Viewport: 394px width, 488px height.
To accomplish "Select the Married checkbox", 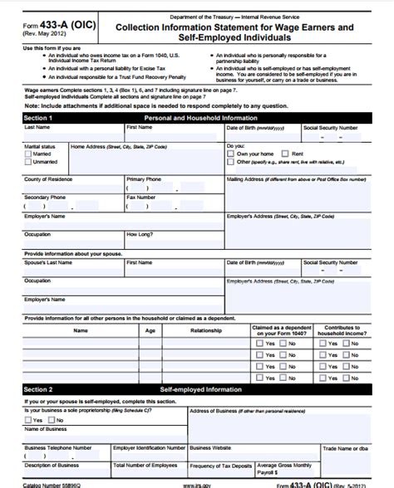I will [x=29, y=154].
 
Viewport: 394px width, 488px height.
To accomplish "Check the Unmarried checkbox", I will [x=29, y=163].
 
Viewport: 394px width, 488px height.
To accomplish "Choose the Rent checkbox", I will [x=285, y=154].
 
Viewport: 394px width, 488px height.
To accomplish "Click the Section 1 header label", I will [x=38, y=118].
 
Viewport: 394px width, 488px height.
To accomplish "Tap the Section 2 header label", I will [x=38, y=388].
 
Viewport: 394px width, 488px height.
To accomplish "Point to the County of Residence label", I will [x=49, y=178].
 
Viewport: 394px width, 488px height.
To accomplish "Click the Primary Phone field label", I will [x=144, y=178].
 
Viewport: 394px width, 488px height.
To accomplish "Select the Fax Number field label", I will [x=140, y=198].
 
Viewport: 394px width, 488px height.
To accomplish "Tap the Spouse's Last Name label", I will [x=52, y=261].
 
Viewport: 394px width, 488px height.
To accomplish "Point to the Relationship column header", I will [x=206, y=330].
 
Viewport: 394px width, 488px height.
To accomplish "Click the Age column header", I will [x=150, y=330].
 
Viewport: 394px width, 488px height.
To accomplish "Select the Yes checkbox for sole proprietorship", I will [x=29, y=420].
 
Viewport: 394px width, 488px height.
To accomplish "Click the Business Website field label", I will [x=213, y=447].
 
